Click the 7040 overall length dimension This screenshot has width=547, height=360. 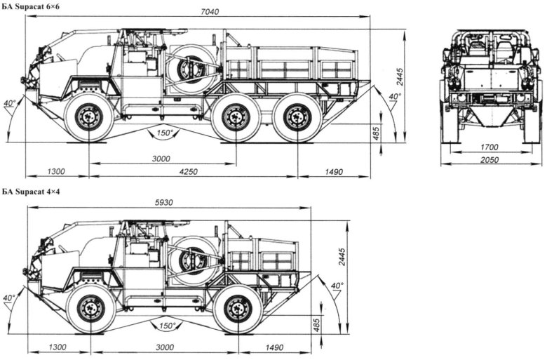coord(210,12)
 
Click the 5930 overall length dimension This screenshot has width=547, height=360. coord(164,203)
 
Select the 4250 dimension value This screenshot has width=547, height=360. coord(188,172)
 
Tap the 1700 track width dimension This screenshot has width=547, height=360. coord(489,147)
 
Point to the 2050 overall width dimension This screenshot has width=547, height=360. coord(489,160)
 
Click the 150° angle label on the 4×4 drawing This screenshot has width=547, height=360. coord(167,326)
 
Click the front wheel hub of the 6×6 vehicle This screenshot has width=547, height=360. coord(89,116)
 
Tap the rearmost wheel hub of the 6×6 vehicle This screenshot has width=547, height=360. coord(297,117)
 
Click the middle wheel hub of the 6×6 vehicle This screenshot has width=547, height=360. coord(236,117)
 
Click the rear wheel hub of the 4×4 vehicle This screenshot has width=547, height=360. coord(238,309)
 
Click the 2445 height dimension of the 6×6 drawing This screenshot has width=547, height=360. coord(400,77)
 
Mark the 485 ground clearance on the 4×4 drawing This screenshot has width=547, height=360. coord(317,325)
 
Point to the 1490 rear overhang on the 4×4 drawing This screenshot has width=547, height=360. coord(274,348)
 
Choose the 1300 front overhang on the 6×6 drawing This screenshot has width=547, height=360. coord(56,172)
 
